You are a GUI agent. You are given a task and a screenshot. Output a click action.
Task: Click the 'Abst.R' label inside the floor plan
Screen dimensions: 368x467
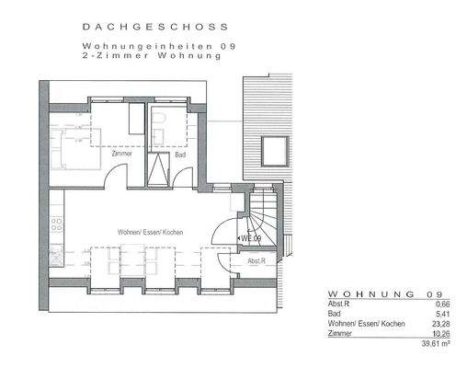(x=256, y=261)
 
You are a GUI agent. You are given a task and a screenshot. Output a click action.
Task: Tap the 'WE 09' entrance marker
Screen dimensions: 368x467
(x=250, y=238)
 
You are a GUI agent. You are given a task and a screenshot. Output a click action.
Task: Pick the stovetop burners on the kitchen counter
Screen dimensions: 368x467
(x=56, y=224)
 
